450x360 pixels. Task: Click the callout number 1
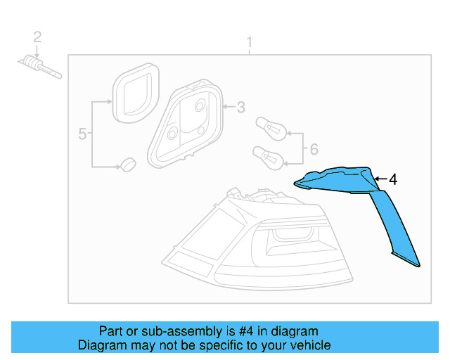click(249, 44)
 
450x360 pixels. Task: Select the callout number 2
click(38, 37)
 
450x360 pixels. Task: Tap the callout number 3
click(240, 108)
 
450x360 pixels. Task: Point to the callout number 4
click(392, 180)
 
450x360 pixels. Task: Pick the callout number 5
click(82, 134)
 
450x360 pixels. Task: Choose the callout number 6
click(314, 148)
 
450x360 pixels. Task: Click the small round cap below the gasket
click(127, 164)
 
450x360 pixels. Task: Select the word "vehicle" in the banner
click(309, 345)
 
